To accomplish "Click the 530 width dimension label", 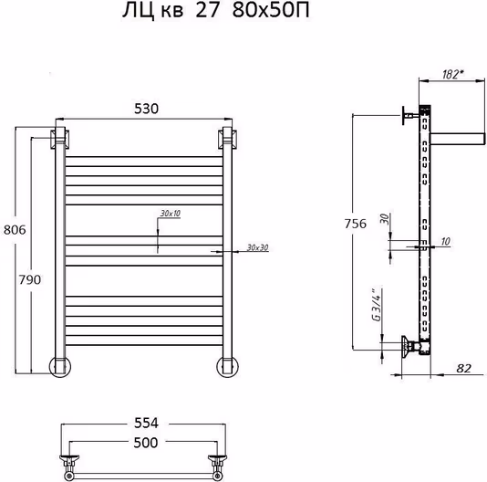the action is (x=146, y=109).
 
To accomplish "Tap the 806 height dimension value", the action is (x=15, y=230).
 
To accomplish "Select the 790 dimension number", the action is (x=30, y=280).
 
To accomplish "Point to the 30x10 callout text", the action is (x=171, y=214).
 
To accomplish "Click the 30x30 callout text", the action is (x=257, y=247).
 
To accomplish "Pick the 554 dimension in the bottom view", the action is (x=146, y=423).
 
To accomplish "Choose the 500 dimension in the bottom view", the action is (x=146, y=443).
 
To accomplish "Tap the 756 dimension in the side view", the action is (x=356, y=224).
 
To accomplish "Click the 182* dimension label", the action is (x=453, y=74).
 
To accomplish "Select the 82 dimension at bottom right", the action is (x=463, y=368).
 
